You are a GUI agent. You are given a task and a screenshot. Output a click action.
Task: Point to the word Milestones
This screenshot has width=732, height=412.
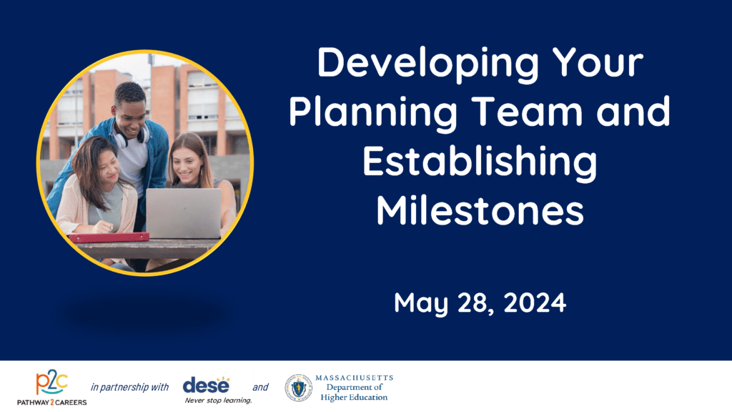(x=480, y=210)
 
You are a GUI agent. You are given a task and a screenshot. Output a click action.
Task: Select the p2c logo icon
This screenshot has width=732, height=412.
(x=51, y=383)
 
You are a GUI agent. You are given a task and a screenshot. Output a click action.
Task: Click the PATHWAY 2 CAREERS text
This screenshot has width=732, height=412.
(x=51, y=402)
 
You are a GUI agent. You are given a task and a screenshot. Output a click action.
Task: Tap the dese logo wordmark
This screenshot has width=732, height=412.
(x=207, y=385)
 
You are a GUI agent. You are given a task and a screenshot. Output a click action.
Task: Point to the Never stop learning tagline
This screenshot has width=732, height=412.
(x=219, y=401)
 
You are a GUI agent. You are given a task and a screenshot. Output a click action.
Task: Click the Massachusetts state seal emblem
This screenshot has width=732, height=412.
(x=299, y=388)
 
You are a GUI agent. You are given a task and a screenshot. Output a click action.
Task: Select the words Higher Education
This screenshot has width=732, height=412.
(x=354, y=398)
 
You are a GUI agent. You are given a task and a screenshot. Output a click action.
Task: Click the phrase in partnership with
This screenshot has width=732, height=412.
(x=130, y=387)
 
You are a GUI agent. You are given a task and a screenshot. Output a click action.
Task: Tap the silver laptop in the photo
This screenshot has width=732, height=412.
(x=184, y=213)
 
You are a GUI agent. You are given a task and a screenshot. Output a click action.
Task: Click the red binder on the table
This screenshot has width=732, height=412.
(x=109, y=237)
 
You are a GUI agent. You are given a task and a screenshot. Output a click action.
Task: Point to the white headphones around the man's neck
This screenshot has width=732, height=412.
(x=132, y=137)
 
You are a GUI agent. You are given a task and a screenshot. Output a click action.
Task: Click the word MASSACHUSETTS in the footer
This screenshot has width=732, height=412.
(x=355, y=378)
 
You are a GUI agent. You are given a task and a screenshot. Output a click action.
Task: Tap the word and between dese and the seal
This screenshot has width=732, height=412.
(x=260, y=387)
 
